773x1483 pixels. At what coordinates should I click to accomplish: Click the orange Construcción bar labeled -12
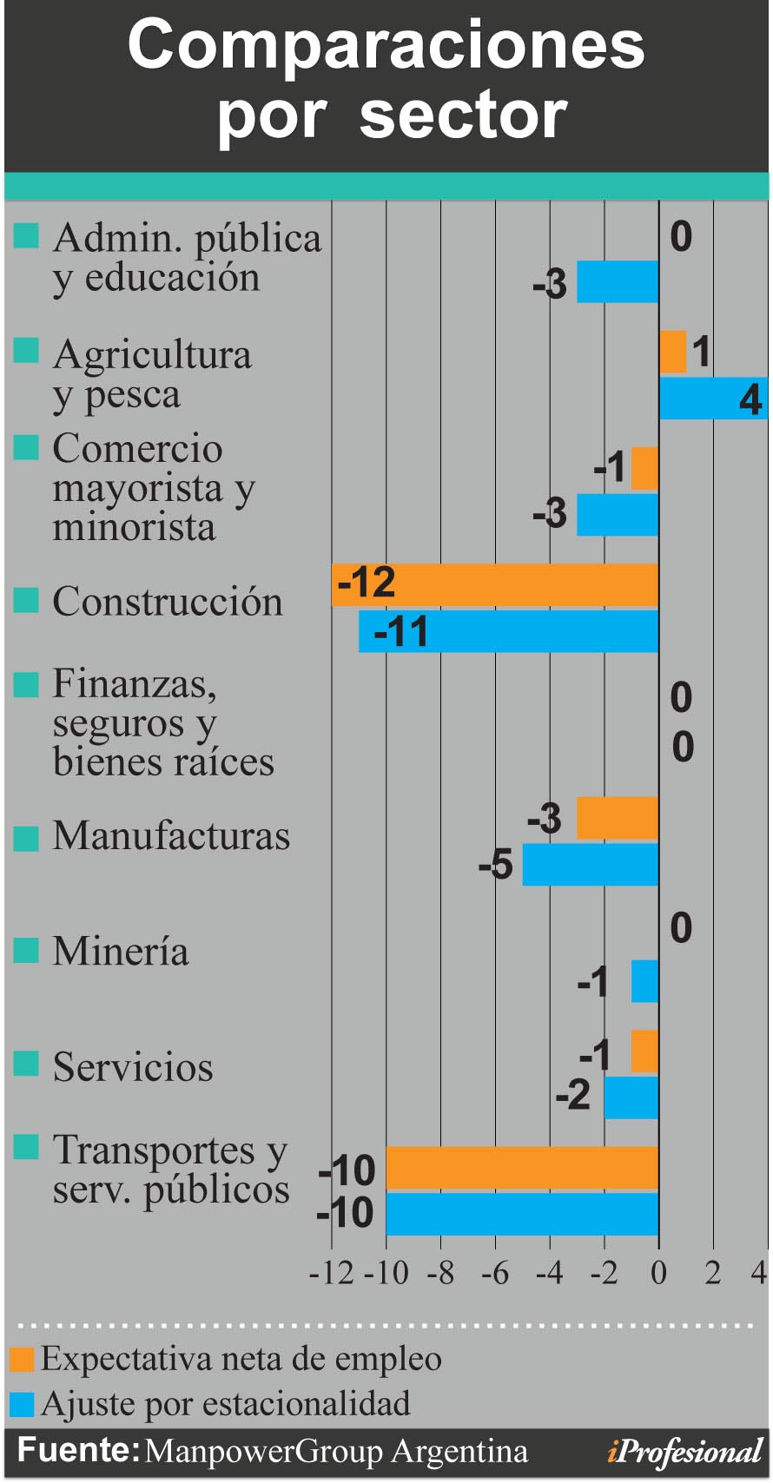click(495, 584)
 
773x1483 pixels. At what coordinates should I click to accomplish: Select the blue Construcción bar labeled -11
click(508, 631)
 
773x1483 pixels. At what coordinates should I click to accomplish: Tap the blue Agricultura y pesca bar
click(712, 399)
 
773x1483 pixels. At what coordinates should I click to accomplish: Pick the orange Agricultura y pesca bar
click(673, 352)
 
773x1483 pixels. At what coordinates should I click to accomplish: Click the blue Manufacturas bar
click(591, 865)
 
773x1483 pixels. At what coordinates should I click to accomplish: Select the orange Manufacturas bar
click(618, 818)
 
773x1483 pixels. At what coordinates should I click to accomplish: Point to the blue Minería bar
click(644, 981)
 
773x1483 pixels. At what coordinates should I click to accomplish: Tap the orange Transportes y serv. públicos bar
click(522, 1168)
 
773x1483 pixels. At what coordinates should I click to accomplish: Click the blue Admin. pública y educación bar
click(618, 281)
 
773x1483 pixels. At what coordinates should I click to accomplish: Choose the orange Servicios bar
click(644, 1051)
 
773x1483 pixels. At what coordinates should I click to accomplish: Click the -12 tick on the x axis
click(331, 1274)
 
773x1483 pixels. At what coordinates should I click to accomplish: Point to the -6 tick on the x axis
click(495, 1274)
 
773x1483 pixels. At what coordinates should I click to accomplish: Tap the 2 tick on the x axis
click(713, 1274)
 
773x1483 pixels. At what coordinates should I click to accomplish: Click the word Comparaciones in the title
click(386, 45)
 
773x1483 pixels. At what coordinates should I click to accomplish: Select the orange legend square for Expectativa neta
click(22, 1360)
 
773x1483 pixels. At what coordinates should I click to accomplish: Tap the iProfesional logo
click(684, 1451)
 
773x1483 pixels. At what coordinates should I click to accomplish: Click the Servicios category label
click(133, 1067)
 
